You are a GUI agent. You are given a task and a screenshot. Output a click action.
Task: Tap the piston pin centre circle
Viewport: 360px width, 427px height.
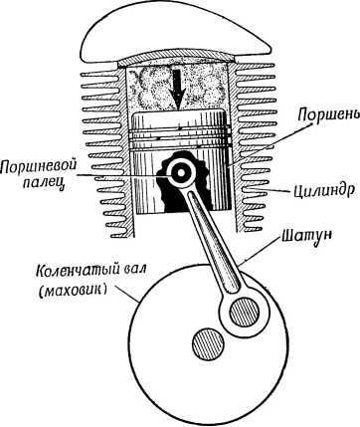pyautogui.click(x=183, y=173)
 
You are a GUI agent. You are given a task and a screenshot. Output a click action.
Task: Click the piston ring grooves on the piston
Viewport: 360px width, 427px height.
pyautogui.click(x=180, y=130)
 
